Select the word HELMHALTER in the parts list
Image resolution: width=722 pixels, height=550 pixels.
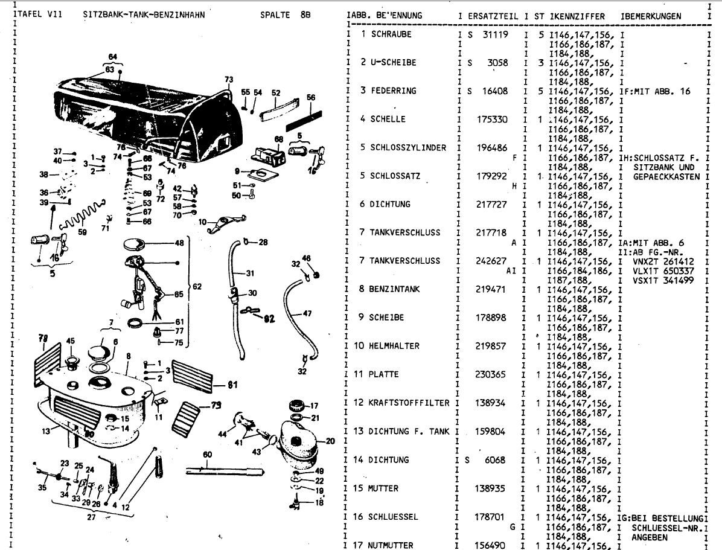(x=395, y=346)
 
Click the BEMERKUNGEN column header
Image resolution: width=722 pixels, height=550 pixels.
(x=653, y=16)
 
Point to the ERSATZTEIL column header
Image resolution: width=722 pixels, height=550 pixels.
(x=493, y=16)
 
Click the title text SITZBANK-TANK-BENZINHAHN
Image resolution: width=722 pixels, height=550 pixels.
(x=144, y=15)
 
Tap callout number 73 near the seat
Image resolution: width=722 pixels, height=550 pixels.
(x=228, y=80)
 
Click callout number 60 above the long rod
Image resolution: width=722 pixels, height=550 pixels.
(x=207, y=454)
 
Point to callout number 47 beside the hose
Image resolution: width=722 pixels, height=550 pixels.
(x=307, y=313)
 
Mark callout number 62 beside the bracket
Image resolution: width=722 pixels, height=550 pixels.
(x=197, y=286)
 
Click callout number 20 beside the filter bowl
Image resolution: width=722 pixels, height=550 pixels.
(x=330, y=441)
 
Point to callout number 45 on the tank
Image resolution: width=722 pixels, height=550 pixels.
(x=71, y=341)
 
